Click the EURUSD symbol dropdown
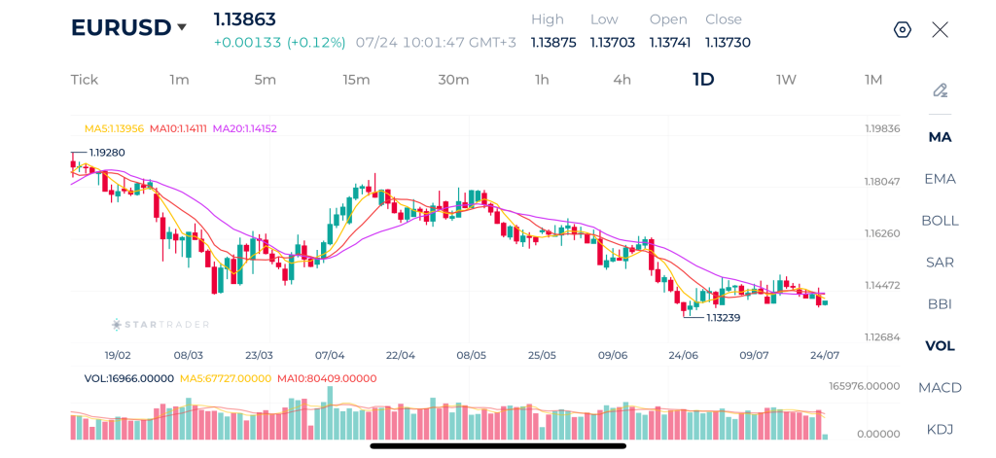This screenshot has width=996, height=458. (129, 27)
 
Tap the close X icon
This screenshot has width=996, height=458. (941, 29)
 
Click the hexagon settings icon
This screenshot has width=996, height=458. (903, 29)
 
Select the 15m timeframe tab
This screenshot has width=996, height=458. (356, 80)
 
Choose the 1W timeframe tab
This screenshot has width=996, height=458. (786, 80)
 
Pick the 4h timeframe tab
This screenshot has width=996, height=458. (622, 80)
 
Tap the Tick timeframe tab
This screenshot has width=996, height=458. (85, 80)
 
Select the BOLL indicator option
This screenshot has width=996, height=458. (941, 221)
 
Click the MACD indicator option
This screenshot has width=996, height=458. (941, 387)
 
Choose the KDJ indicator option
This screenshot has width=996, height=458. (941, 430)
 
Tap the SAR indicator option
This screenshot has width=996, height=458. (941, 263)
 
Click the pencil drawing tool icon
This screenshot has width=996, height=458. (941, 90)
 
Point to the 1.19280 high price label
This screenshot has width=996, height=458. (107, 153)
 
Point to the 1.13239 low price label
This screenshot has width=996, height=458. (723, 317)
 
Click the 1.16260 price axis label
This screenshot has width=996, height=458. (882, 233)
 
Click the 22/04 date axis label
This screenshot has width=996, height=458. (401, 355)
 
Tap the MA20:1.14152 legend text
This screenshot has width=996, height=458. (244, 128)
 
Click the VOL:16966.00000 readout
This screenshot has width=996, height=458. (129, 378)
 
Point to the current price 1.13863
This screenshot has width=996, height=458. (244, 19)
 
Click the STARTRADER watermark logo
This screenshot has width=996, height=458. (160, 325)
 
